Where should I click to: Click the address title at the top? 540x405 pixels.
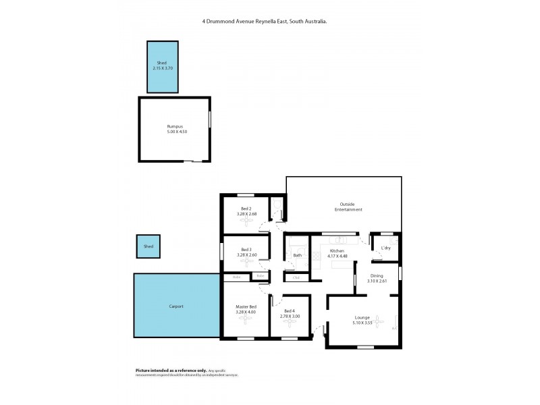click(265, 21)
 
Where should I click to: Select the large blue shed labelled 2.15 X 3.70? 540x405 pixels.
click(163, 66)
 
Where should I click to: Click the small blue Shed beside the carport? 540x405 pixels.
click(148, 246)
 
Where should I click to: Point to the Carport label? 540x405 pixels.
click(175, 306)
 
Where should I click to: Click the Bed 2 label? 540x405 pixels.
click(246, 209)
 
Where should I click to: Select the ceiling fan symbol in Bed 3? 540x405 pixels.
click(246, 265)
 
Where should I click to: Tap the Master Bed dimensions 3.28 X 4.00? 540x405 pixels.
click(246, 313)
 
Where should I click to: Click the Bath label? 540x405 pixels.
click(297, 255)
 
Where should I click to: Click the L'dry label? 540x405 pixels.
click(385, 248)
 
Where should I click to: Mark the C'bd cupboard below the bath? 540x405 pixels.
click(296, 277)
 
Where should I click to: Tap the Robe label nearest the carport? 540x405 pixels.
click(236, 277)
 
